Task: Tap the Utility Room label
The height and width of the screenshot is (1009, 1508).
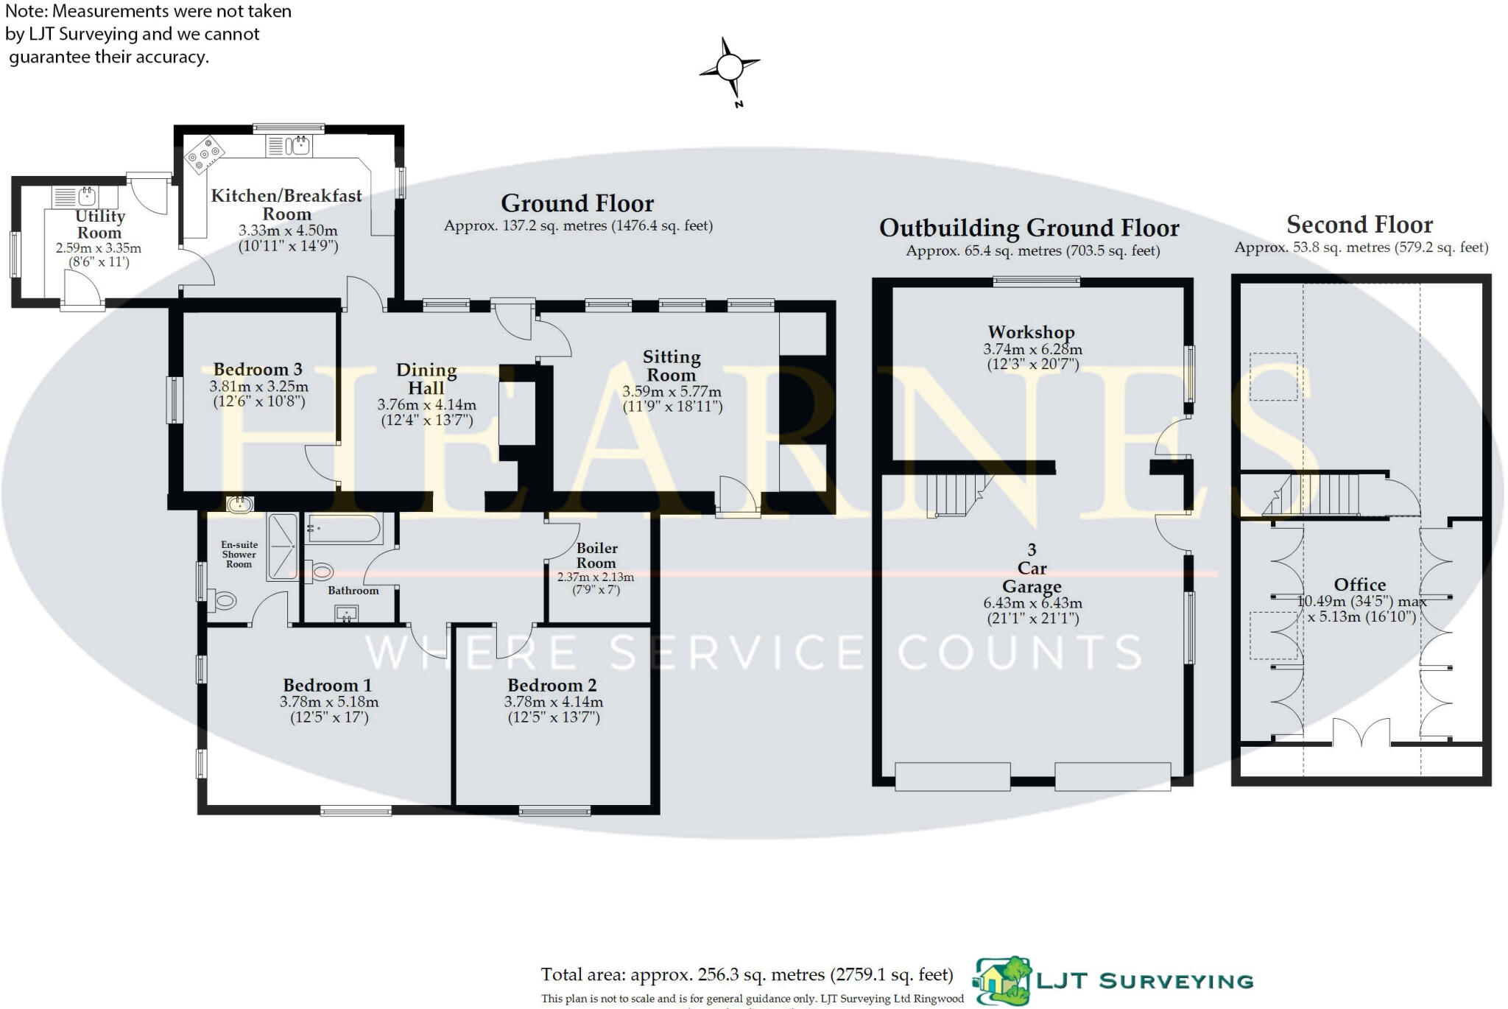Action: (x=99, y=225)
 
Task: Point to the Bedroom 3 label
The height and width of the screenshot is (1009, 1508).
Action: (x=258, y=370)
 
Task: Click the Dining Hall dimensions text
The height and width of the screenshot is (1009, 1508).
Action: (x=426, y=412)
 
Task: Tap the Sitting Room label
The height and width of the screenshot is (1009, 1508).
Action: (x=671, y=366)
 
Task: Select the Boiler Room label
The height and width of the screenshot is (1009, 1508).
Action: (x=596, y=555)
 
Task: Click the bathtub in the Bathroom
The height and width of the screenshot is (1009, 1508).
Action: (x=343, y=528)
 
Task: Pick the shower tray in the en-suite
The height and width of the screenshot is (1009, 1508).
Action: (x=282, y=546)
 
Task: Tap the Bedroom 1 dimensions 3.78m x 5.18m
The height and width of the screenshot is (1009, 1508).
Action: (x=329, y=702)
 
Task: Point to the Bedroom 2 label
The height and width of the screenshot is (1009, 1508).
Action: (x=552, y=685)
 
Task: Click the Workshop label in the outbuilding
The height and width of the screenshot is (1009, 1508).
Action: (x=1031, y=332)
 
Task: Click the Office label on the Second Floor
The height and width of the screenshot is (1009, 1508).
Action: (x=1359, y=585)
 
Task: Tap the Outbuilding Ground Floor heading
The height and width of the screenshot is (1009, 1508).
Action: (x=1029, y=228)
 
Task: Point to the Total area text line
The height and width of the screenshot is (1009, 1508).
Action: (x=747, y=975)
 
